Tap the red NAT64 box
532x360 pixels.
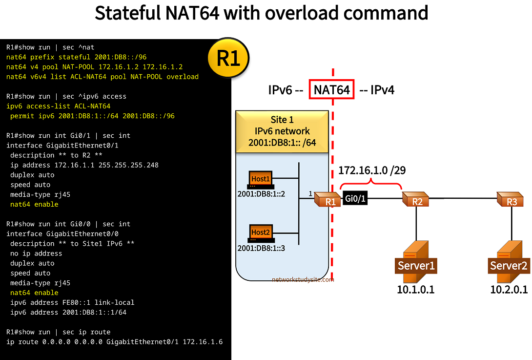pyautogui.click(x=331, y=90)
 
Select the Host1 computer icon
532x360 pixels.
pyautogui.click(x=260, y=180)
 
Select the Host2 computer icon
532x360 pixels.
pyautogui.click(x=260, y=233)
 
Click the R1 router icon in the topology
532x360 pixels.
pyautogui.click(x=327, y=199)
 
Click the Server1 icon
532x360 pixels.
pyautogui.click(x=415, y=263)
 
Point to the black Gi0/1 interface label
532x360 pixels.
pyautogui.click(x=355, y=199)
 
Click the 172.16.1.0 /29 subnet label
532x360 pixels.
pyautogui.click(x=372, y=170)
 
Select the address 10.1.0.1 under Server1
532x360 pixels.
pyautogui.click(x=415, y=290)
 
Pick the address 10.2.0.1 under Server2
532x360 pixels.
pyautogui.click(x=509, y=290)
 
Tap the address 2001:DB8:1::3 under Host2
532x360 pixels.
pyautogui.click(x=261, y=248)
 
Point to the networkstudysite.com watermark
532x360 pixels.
pyautogui.click(x=303, y=279)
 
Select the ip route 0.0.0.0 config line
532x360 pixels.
pyautogui.click(x=114, y=342)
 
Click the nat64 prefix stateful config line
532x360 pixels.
pyautogui.click(x=76, y=57)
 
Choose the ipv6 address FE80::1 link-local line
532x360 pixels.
pyautogui.click(x=72, y=302)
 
